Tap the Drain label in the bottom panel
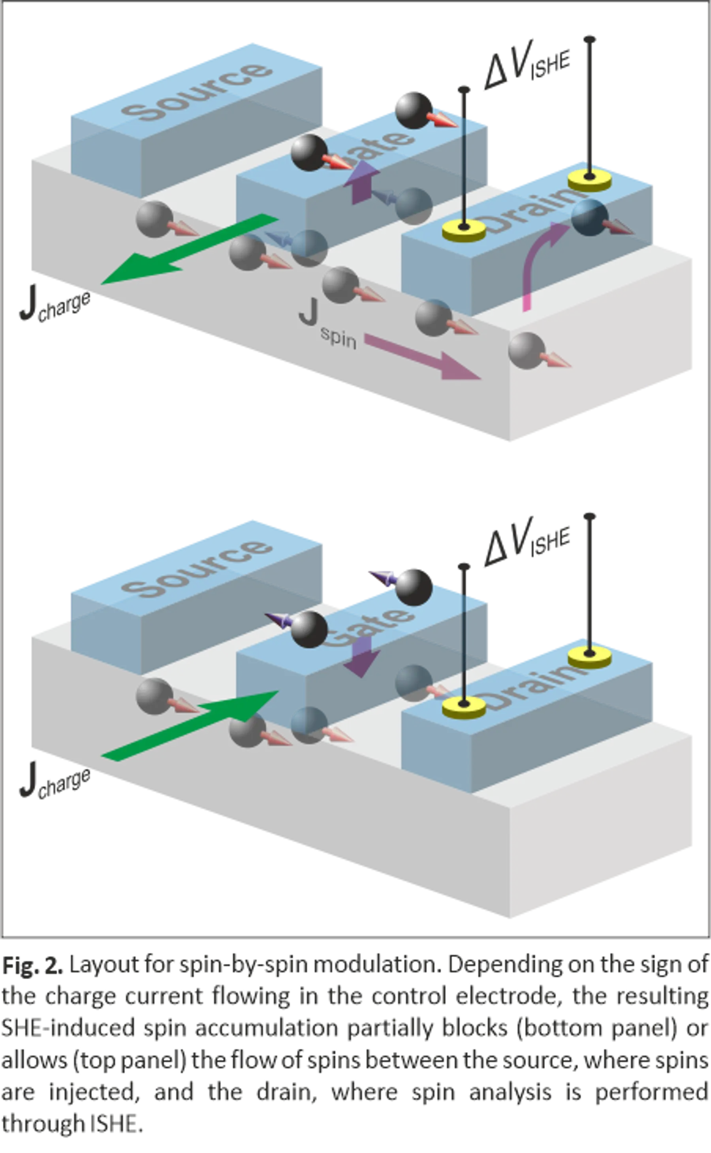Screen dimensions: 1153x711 point(529,689)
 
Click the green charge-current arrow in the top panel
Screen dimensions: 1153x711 point(188,249)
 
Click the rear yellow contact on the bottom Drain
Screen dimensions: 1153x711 point(589,655)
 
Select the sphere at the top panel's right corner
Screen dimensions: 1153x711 point(527,350)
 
